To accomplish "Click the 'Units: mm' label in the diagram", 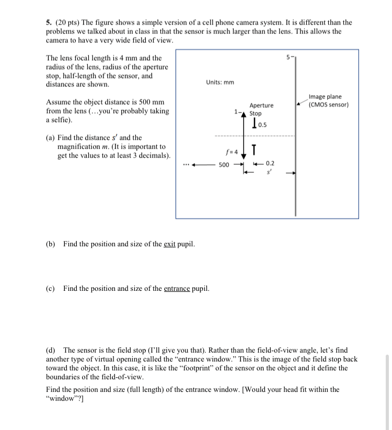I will [x=220, y=82].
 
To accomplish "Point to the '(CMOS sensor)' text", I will [x=328, y=104].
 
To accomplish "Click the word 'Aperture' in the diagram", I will [x=261, y=106].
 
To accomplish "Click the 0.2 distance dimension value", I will [x=270, y=163].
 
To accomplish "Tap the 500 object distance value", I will [x=224, y=164].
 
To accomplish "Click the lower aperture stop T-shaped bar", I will [x=254, y=149].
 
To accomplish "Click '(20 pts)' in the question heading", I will [x=67, y=22].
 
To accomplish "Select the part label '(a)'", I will [x=51, y=138].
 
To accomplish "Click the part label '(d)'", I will [x=51, y=349].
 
